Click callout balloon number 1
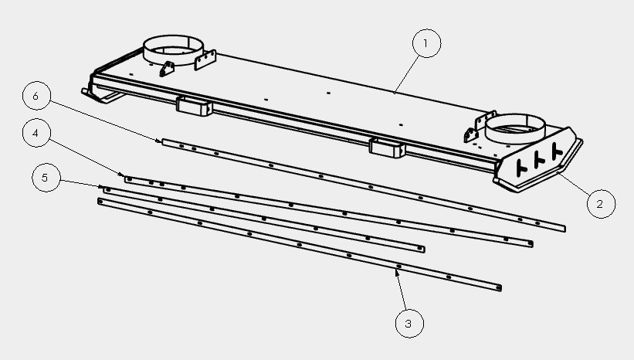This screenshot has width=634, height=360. (426, 43)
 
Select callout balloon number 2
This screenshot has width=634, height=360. (601, 204)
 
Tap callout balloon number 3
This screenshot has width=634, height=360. (409, 323)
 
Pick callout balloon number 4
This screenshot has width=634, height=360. (36, 133)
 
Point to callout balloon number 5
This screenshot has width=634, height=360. (46, 177)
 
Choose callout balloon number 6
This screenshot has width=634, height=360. (36, 96)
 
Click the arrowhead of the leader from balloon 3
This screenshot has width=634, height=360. (397, 273)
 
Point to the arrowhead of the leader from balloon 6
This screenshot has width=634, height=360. (158, 141)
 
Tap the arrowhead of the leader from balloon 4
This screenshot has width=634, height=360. (122, 175)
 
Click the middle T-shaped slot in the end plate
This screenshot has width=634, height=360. (539, 159)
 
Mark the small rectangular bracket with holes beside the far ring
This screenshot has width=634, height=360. (205, 59)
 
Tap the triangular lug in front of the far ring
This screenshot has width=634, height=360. (167, 70)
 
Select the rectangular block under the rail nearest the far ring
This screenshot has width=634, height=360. (195, 107)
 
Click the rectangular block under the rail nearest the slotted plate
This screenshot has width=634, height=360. (387, 148)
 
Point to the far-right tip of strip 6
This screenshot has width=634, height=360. (564, 229)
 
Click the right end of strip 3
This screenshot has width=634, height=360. (500, 288)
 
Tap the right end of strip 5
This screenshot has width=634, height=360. (422, 250)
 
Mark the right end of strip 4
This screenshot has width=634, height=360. (531, 244)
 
